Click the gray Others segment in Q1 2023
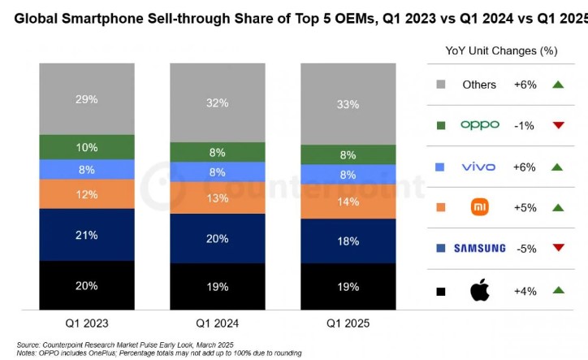click(x=87, y=98)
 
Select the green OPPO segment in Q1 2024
click(x=218, y=152)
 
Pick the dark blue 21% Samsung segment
click(x=87, y=235)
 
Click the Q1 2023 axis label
click(x=87, y=323)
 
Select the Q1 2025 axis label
click(x=349, y=323)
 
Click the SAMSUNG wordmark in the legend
click(x=479, y=248)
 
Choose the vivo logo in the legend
click(x=478, y=166)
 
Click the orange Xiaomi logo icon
click(x=479, y=207)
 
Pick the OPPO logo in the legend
click(x=479, y=125)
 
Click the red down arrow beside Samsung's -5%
click(x=559, y=249)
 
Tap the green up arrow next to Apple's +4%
click(x=559, y=289)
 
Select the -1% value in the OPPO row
click(x=524, y=125)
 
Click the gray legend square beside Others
click(x=440, y=85)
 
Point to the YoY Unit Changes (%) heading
click(x=501, y=50)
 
